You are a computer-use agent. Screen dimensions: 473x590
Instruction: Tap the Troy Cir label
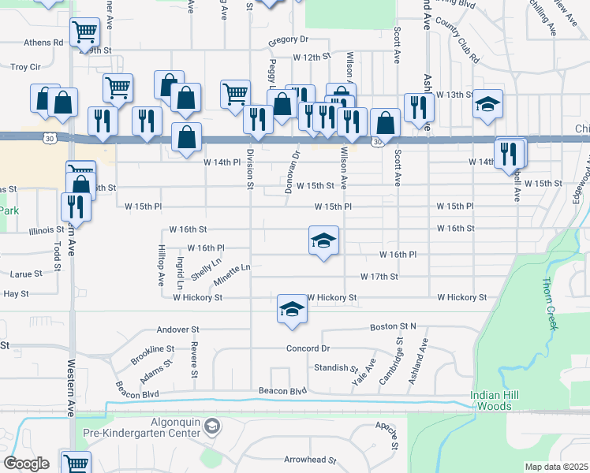tap(25, 68)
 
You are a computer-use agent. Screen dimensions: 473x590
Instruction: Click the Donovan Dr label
tap(297, 163)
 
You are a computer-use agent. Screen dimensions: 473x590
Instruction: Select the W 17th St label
tap(379, 277)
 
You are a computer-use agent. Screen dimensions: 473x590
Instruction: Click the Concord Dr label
tap(305, 348)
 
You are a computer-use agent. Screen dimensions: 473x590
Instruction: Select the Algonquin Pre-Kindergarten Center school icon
tap(211, 426)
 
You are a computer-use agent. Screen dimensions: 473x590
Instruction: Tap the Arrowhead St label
tap(310, 460)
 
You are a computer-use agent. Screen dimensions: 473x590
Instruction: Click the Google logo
tap(25, 464)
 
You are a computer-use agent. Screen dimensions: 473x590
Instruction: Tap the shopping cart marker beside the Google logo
tap(76, 464)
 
